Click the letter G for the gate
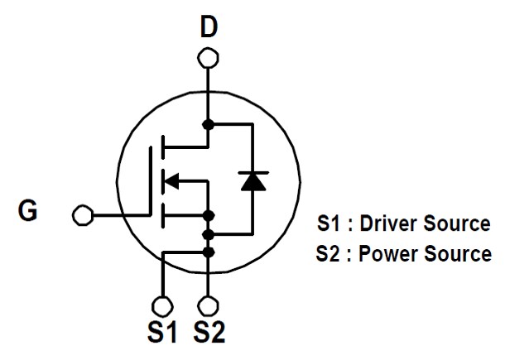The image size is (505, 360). pyautogui.click(x=28, y=213)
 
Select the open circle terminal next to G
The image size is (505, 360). pyautogui.click(x=82, y=215)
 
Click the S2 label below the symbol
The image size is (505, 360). pyautogui.click(x=209, y=333)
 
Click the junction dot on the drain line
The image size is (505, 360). pyautogui.click(x=209, y=124)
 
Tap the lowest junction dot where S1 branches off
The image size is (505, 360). pyautogui.click(x=209, y=252)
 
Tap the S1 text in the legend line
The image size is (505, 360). pyautogui.click(x=328, y=223)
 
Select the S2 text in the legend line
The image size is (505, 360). pyautogui.click(x=328, y=253)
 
